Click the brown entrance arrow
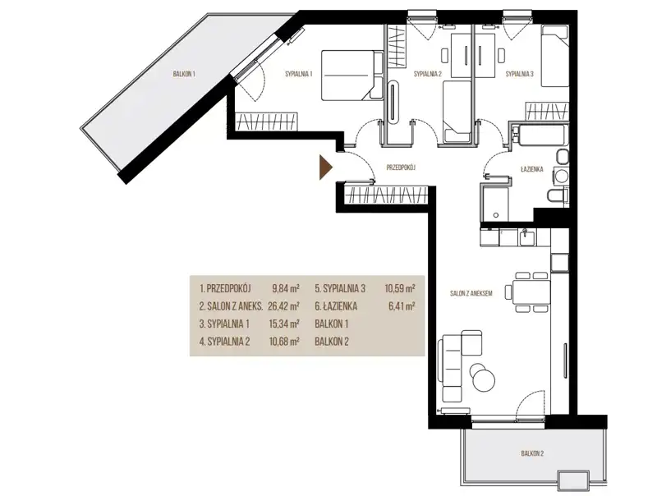pyautogui.click(x=325, y=168)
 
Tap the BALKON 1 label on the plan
pyautogui.click(x=184, y=74)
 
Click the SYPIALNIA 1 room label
pyautogui.click(x=299, y=74)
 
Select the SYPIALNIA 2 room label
pyautogui.click(x=428, y=74)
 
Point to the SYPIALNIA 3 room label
pyautogui.click(x=520, y=74)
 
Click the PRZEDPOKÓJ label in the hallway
pyautogui.click(x=401, y=168)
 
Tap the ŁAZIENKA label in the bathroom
pyautogui.click(x=531, y=169)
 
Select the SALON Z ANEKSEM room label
pyautogui.click(x=471, y=294)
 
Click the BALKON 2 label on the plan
pyautogui.click(x=532, y=453)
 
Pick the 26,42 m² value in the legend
pyautogui.click(x=283, y=306)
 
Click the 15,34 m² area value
pyautogui.click(x=283, y=324)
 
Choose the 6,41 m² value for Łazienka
pyautogui.click(x=402, y=306)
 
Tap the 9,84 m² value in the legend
pyautogui.click(x=285, y=288)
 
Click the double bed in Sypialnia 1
pyautogui.click(x=352, y=76)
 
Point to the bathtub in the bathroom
pyautogui.click(x=539, y=135)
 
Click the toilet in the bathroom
pyautogui.click(x=558, y=195)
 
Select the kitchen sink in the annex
pyautogui.click(x=527, y=238)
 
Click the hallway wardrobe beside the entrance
pyautogui.click(x=385, y=195)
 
